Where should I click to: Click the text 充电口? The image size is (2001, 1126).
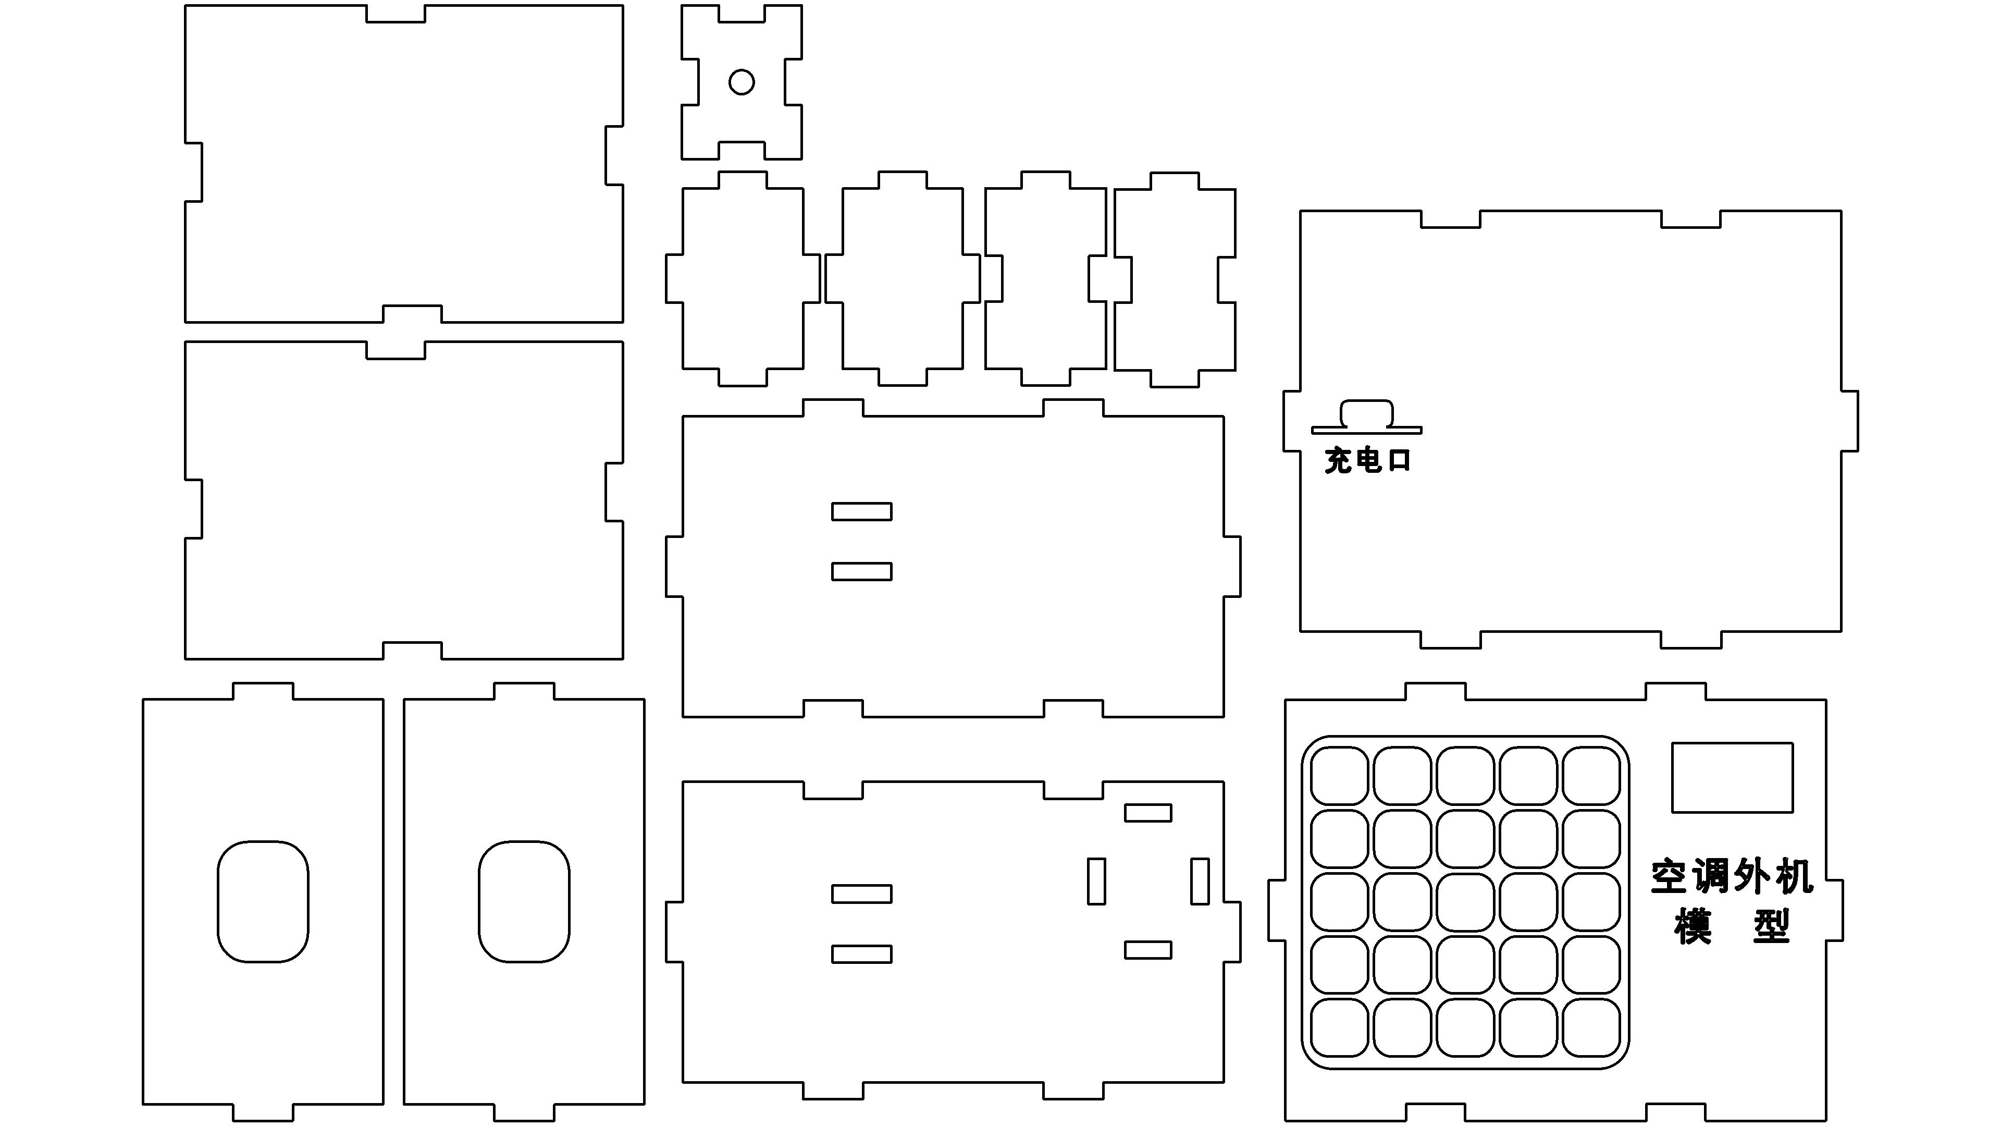click(1367, 460)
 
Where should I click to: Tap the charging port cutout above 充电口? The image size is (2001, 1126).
click(1366, 413)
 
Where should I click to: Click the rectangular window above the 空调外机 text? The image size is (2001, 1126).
click(1732, 778)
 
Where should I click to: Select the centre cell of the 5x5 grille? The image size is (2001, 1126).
click(1465, 902)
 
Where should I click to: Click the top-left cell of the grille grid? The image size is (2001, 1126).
click(1339, 776)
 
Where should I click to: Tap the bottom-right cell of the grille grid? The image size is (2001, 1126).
click(1591, 1028)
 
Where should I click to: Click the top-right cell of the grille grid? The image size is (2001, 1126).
click(1591, 776)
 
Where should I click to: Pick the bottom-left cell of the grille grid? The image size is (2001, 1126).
click(1339, 1028)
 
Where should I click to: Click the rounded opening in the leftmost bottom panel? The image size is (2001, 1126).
click(217, 901)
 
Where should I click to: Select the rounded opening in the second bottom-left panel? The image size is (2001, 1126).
click(478, 901)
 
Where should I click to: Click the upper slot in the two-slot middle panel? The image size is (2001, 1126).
click(861, 511)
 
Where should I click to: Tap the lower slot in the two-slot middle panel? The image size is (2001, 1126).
click(861, 571)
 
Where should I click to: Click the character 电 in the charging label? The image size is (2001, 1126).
click(1368, 460)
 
